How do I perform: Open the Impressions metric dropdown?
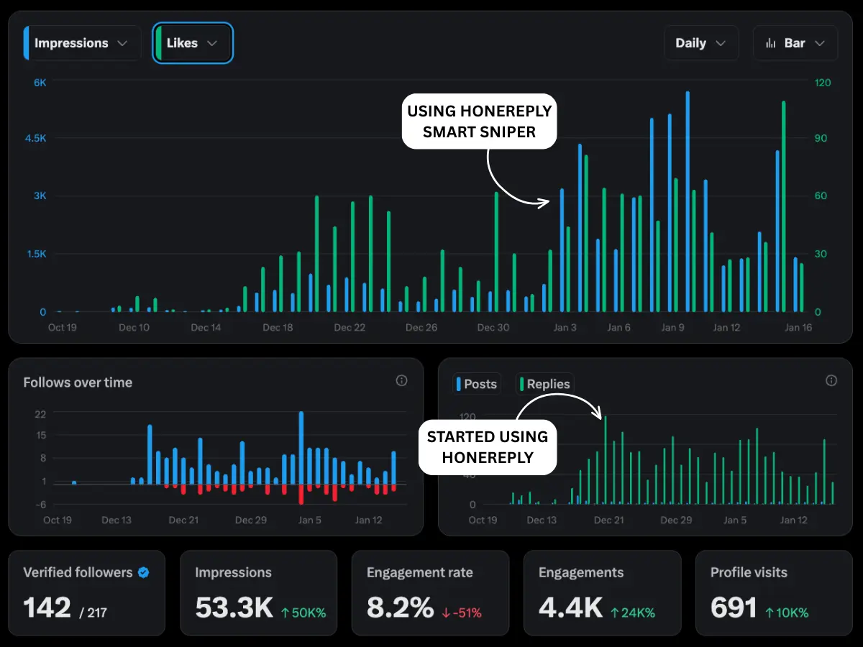(x=81, y=43)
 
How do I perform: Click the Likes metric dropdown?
(x=192, y=43)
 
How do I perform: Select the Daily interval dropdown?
(x=700, y=43)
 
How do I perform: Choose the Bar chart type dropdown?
(x=795, y=43)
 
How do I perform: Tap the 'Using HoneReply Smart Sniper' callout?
(x=479, y=121)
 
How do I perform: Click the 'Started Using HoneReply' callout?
(x=487, y=447)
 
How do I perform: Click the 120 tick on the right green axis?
(x=822, y=83)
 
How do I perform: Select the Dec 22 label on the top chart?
(x=350, y=328)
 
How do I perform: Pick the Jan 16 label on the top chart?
(x=798, y=328)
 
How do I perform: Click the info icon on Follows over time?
(x=401, y=380)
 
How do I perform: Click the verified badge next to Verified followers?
(x=144, y=572)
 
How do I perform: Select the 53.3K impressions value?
(x=234, y=608)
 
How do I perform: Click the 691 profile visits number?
(x=733, y=608)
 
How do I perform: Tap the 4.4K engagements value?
(x=570, y=608)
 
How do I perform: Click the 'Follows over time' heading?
(x=78, y=382)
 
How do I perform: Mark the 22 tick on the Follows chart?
(x=40, y=414)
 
